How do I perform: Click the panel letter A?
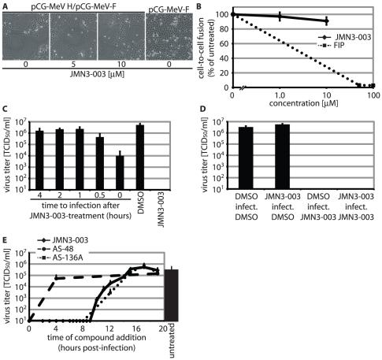click(x=5, y=6)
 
